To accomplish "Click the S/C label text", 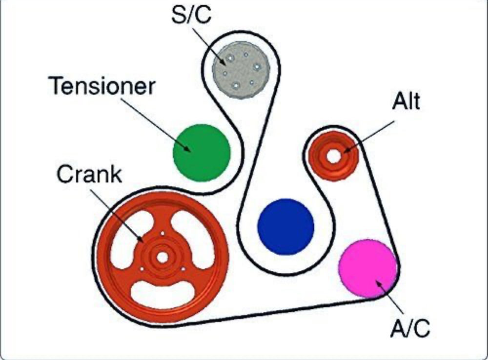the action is [x=191, y=15].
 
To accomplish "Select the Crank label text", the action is [x=89, y=174].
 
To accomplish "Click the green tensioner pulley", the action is [x=202, y=153].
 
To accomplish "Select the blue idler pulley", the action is [x=285, y=226].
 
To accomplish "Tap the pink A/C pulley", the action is [x=368, y=268].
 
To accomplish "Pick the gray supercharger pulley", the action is [x=241, y=70].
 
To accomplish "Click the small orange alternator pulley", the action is [x=333, y=156].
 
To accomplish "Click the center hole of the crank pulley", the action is [x=162, y=257].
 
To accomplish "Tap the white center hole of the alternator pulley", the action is [x=333, y=157].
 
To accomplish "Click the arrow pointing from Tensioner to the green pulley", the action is [x=155, y=125].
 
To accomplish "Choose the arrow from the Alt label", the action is [x=369, y=137].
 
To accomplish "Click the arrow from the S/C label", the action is [x=209, y=46].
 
